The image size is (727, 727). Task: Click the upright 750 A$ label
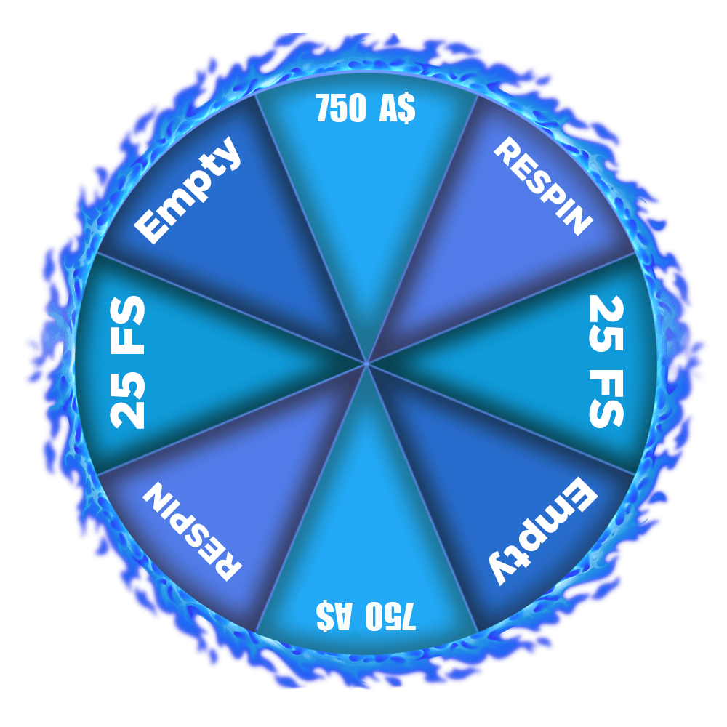[366, 108]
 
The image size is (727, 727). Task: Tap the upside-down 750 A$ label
[366, 616]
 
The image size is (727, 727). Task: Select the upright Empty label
[188, 190]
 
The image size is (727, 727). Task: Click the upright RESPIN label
[543, 186]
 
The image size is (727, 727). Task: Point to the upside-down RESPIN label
[192, 531]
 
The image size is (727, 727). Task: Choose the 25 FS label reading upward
[127, 362]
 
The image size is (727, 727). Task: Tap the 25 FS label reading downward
[606, 361]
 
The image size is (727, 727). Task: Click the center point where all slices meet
[366, 363]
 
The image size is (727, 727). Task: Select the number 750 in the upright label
[341, 108]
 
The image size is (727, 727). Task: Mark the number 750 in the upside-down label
[390, 616]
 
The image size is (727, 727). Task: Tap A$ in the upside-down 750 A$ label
[334, 616]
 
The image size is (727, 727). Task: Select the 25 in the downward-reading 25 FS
[606, 324]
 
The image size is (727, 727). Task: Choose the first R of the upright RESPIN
[507, 150]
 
